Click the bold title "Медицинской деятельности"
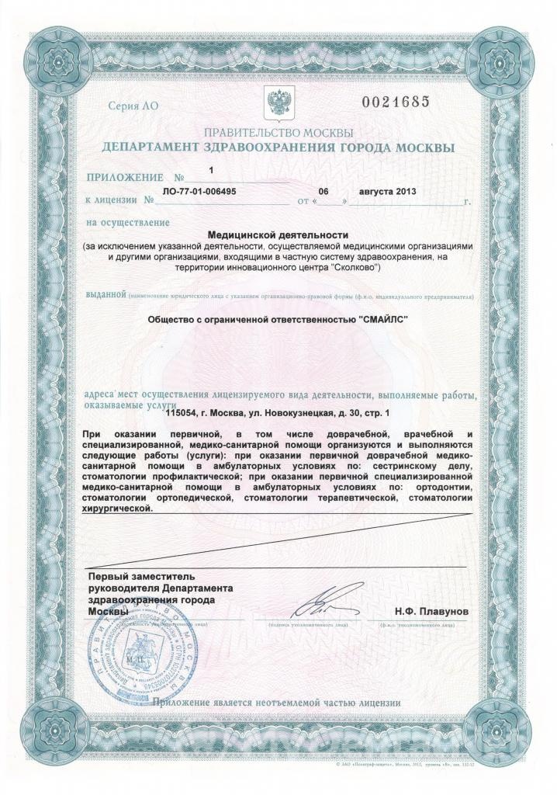278,234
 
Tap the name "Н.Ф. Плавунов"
431,612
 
